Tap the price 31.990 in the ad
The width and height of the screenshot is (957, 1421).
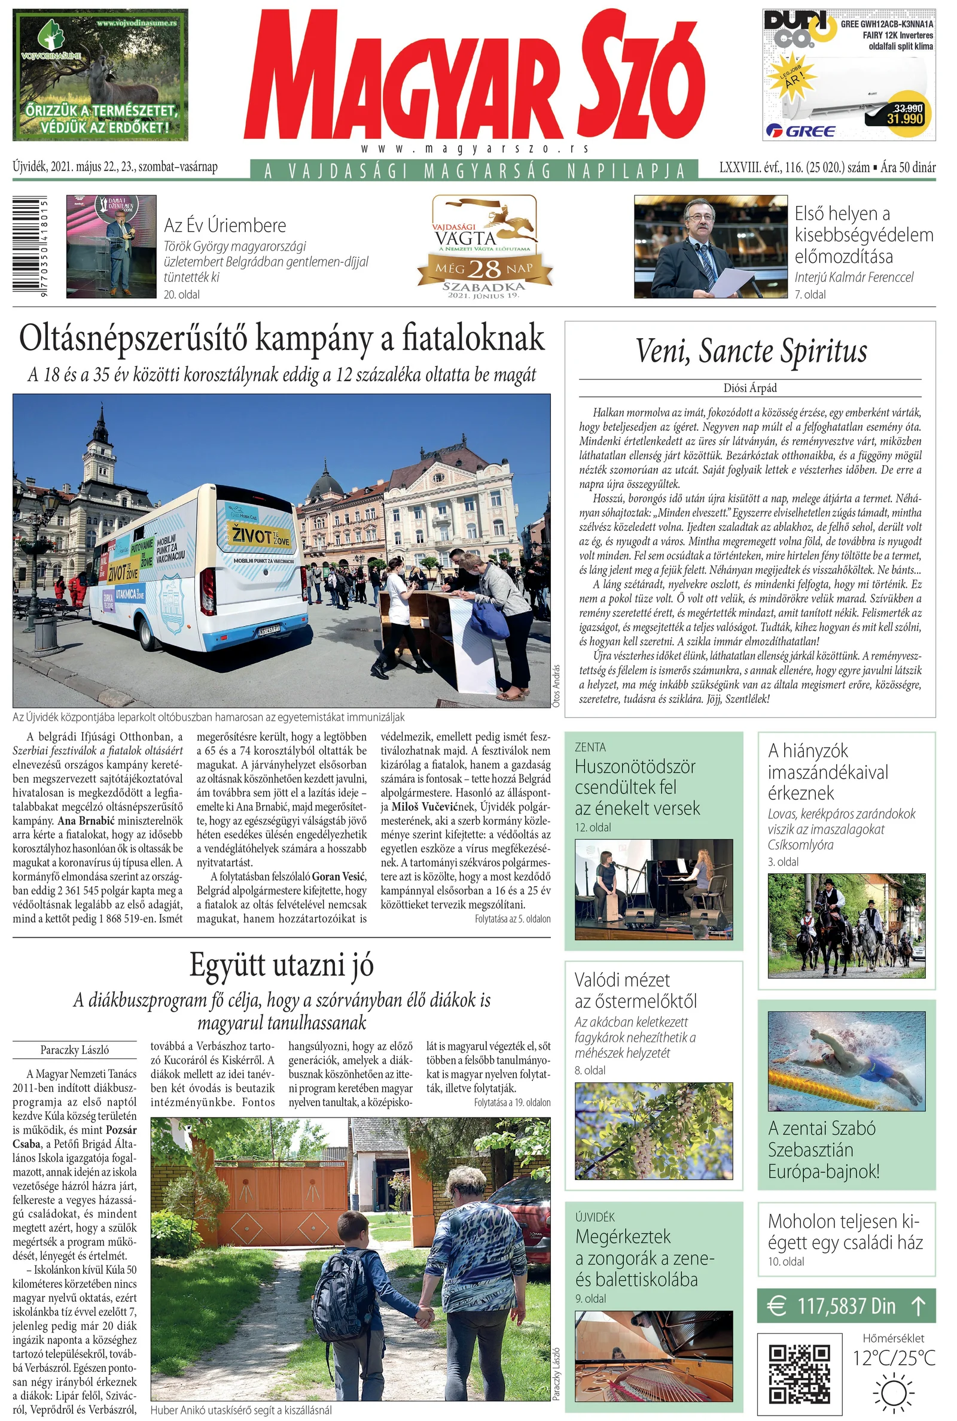[x=904, y=119]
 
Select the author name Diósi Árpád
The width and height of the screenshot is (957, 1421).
[x=750, y=388]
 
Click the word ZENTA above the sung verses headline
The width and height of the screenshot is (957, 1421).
[x=590, y=747]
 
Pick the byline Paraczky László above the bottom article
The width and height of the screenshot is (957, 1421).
[x=74, y=1050]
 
